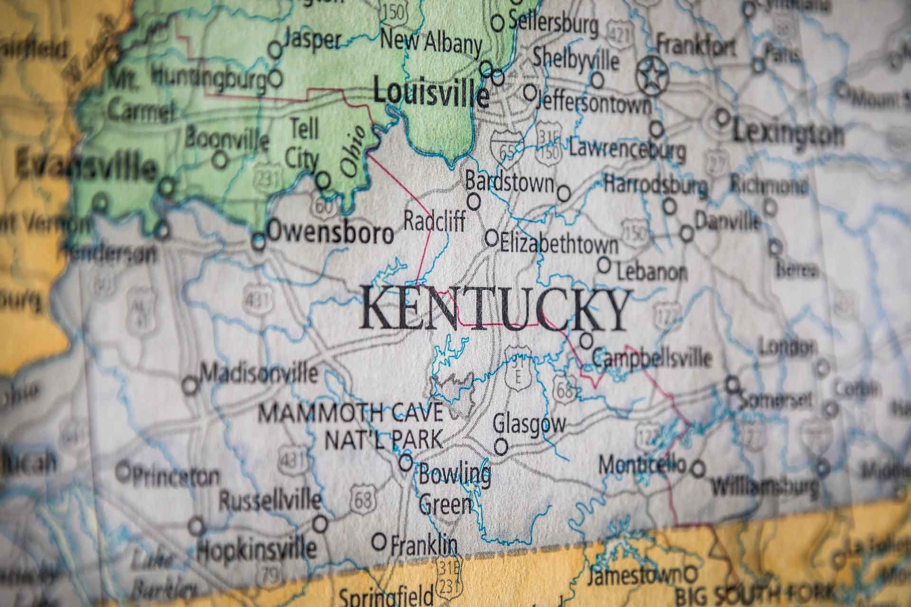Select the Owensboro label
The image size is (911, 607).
click(331, 233)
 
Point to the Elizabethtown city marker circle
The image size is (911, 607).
click(492, 237)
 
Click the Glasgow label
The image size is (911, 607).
click(530, 423)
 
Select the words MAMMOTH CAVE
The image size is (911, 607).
click(352, 413)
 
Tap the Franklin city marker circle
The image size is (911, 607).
click(380, 541)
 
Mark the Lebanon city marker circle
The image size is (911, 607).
click(604, 265)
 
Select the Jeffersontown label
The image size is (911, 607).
click(594, 104)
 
